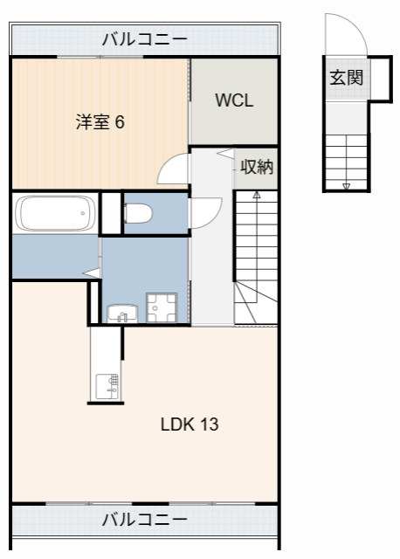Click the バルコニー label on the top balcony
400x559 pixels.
click(144, 38)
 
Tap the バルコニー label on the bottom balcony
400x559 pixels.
click(144, 520)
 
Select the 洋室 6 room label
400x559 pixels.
click(100, 122)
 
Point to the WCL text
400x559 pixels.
click(234, 100)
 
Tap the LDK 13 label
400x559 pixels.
click(189, 425)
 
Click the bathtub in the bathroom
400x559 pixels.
click(55, 213)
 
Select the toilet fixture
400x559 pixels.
click(140, 213)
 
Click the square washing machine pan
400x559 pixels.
click(162, 308)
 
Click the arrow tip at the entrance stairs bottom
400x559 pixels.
click(346, 186)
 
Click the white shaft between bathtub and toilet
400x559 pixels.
click(111, 212)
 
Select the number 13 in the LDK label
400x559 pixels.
click(208, 425)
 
